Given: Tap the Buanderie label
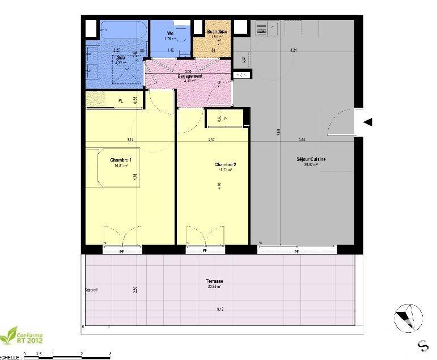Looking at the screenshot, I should (217, 32).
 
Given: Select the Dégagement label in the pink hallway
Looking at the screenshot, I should (189, 75).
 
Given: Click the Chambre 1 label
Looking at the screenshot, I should (121, 160).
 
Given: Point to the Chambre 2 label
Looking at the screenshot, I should (225, 164).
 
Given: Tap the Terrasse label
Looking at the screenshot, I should (214, 281).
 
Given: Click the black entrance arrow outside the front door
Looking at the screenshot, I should (368, 122).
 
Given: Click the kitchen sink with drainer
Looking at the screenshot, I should (265, 28).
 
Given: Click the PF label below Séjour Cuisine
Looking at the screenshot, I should (296, 251).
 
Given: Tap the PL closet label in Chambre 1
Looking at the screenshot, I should (120, 101).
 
